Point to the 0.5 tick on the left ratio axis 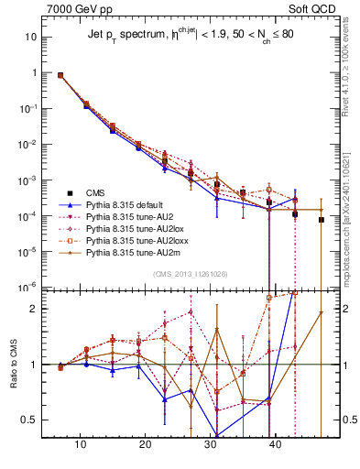32,420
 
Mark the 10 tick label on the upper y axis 32,37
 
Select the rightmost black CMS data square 322,220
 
